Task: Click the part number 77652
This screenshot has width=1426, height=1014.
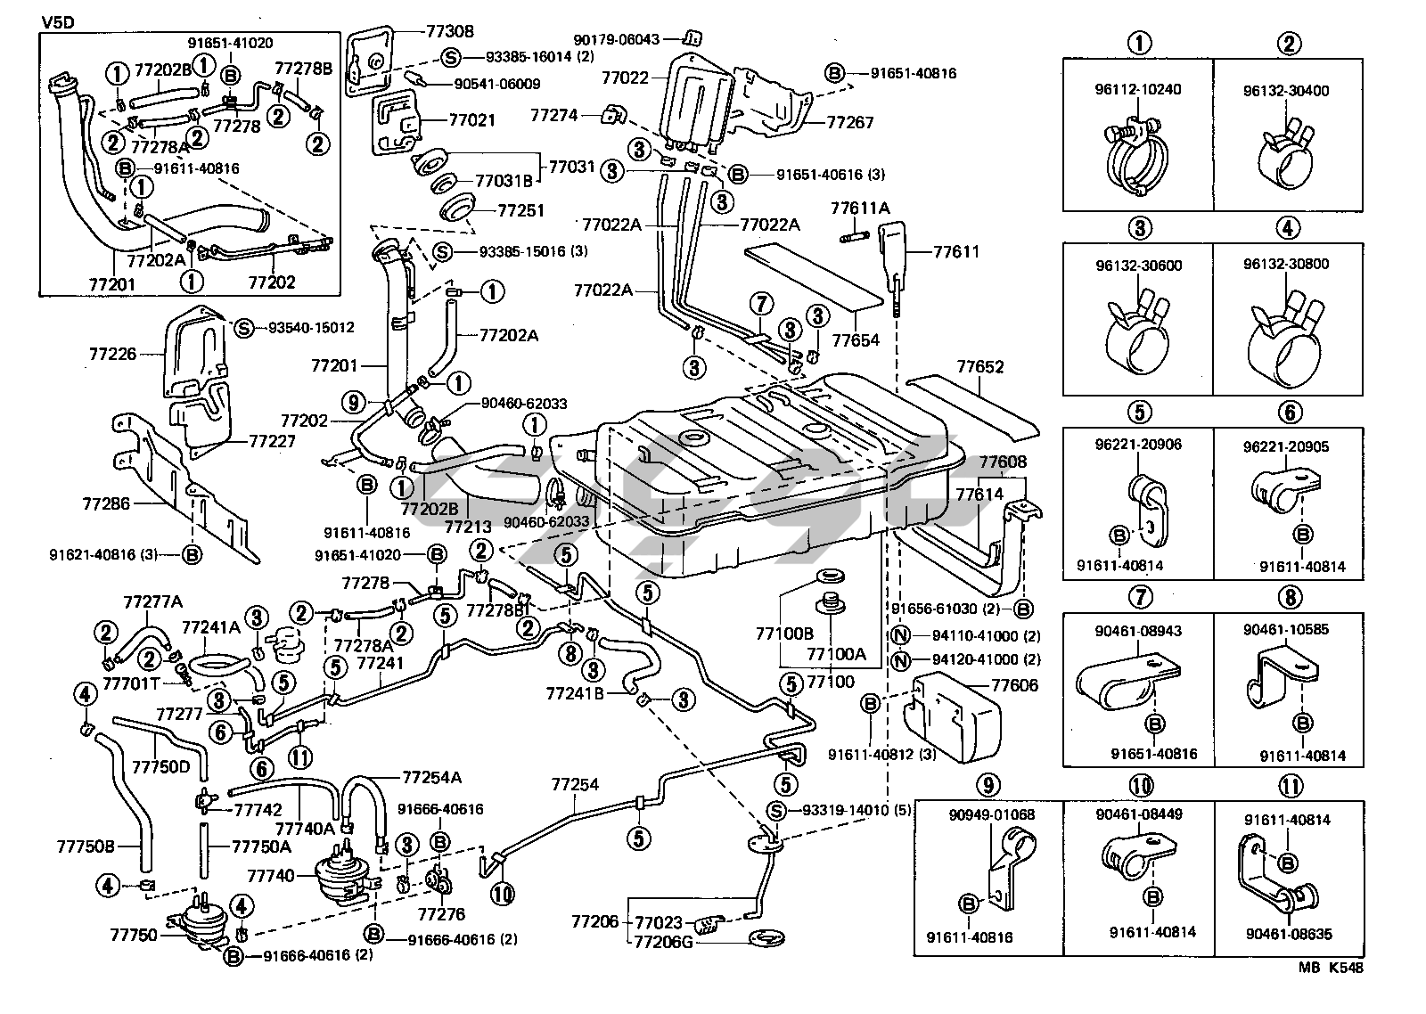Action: [x=980, y=366]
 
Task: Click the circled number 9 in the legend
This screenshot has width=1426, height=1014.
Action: [x=988, y=785]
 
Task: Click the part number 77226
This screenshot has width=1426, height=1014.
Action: [x=112, y=355]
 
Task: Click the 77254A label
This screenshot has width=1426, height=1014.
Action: [x=432, y=777]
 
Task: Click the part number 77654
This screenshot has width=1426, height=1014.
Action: [x=856, y=339]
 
